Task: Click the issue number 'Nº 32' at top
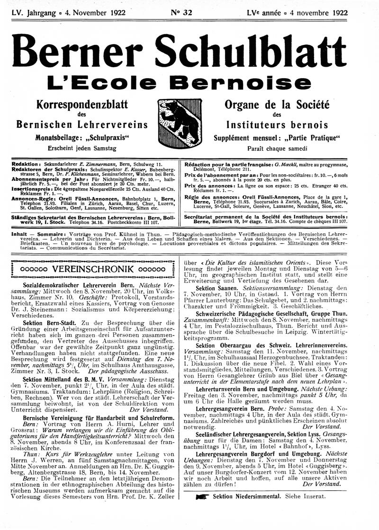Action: (x=180, y=13)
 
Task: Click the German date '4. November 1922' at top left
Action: (x=97, y=13)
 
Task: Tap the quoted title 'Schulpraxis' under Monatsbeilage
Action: (x=108, y=137)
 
